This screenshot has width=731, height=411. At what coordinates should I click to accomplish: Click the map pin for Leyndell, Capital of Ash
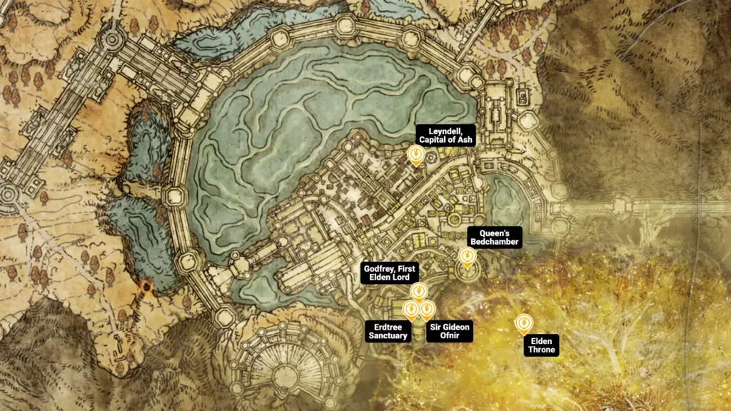coord(415,154)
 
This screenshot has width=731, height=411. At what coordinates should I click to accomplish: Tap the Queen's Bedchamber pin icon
coord(467,255)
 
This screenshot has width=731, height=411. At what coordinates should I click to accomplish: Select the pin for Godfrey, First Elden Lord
coord(418,291)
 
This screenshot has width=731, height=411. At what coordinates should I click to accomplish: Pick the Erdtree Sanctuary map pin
coord(411,309)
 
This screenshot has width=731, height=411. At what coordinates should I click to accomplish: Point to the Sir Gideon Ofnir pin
coord(427,309)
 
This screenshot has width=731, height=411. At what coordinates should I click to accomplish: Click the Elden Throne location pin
coord(523,324)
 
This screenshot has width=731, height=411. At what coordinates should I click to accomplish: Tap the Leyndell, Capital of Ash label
coord(446,135)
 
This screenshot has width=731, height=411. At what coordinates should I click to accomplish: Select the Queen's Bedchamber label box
coord(495,238)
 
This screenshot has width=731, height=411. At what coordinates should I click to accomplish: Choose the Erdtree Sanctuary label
coord(388,331)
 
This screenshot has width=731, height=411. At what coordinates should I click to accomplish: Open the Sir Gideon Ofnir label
coord(449,331)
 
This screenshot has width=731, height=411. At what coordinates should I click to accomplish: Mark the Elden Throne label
coord(541,345)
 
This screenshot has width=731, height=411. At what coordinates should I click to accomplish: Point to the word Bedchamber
coord(495,243)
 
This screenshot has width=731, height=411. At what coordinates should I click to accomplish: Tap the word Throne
coord(541,350)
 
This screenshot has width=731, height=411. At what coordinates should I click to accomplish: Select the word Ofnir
coord(449,336)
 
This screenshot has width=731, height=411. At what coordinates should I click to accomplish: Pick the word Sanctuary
coord(388,336)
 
